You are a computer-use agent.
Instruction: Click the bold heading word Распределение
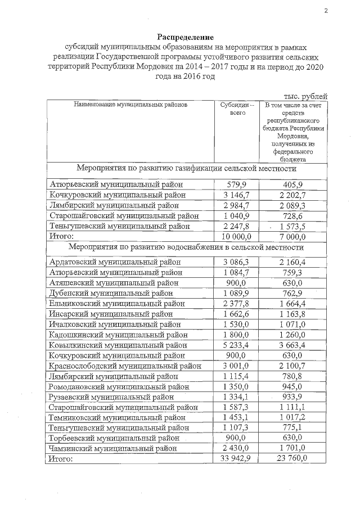tap(186, 37)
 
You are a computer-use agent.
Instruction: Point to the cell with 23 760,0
tap(291, 459)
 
